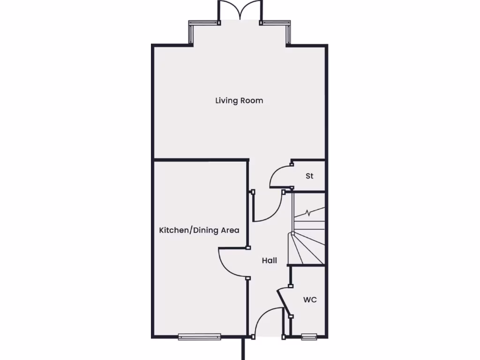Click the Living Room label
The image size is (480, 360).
point(239,100)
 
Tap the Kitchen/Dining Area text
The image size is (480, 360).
point(199,230)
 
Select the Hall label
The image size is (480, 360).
point(269,261)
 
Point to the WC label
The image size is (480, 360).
point(309,300)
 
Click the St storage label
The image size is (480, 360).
point(309,176)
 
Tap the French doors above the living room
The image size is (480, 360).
point(240,10)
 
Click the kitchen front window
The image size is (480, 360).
point(199,336)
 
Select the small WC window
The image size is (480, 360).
point(308,336)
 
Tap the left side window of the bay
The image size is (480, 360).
point(191,33)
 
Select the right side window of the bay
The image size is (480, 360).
point(289,33)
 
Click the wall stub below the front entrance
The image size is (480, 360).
point(243,349)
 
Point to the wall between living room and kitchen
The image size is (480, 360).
point(201,160)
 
